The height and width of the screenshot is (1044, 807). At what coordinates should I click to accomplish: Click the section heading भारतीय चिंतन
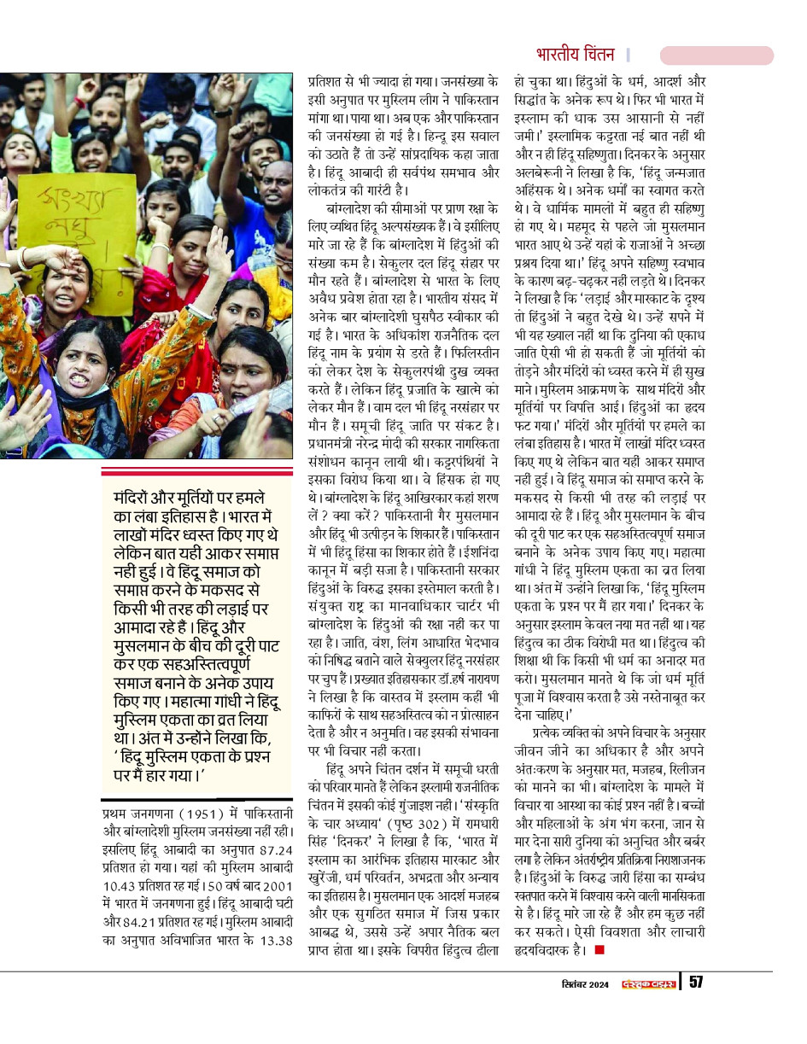point(575,55)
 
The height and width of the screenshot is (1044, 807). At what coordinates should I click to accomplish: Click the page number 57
point(696,983)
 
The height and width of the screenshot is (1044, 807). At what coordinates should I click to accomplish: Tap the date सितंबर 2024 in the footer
point(585,983)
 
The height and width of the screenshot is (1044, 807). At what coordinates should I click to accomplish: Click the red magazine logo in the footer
point(648,983)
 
